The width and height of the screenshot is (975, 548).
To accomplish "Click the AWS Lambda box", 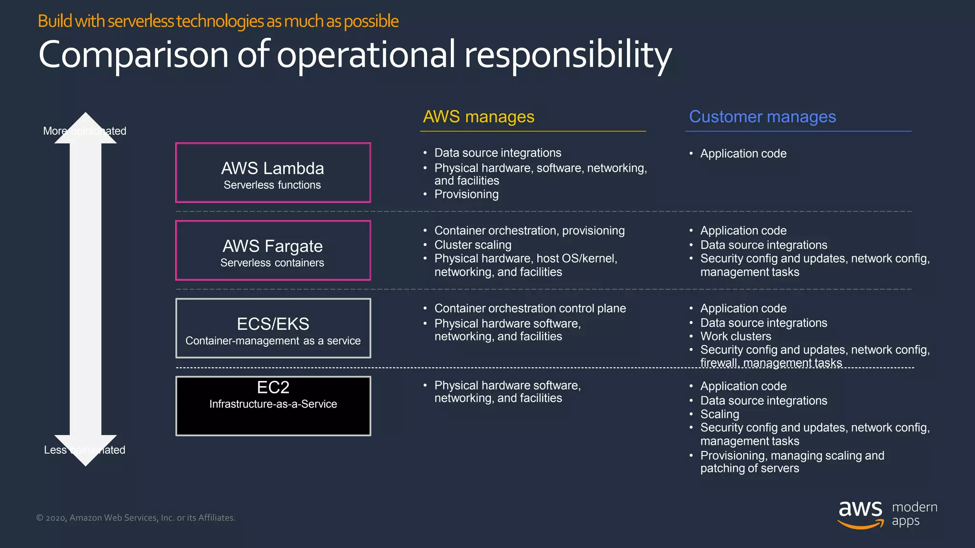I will click(x=273, y=173).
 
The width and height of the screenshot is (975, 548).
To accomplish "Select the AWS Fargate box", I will click(x=273, y=250).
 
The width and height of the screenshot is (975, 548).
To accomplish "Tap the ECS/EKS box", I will click(x=273, y=328).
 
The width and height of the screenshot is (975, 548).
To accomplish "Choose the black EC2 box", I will click(x=273, y=406).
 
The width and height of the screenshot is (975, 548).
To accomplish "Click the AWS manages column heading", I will click(x=478, y=117).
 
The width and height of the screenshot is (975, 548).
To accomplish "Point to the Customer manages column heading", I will click(x=762, y=117).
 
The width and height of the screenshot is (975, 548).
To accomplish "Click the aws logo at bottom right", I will click(x=860, y=514).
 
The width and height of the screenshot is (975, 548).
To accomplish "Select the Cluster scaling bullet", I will click(x=473, y=245).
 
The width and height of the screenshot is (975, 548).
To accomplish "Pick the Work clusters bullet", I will click(x=736, y=336).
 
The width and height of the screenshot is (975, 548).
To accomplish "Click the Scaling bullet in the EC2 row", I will click(x=719, y=414).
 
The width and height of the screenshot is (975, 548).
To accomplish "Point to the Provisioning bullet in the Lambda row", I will click(x=466, y=194).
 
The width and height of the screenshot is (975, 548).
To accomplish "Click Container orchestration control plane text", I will click(x=530, y=308).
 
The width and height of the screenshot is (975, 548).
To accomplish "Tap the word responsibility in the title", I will click(x=567, y=55).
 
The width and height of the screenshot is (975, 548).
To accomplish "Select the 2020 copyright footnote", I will click(x=136, y=518).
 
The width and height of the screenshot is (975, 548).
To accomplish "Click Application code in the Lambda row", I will click(x=743, y=154).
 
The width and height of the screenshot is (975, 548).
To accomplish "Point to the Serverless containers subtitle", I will click(x=272, y=263).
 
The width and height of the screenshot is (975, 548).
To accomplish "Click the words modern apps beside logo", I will click(x=914, y=514).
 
